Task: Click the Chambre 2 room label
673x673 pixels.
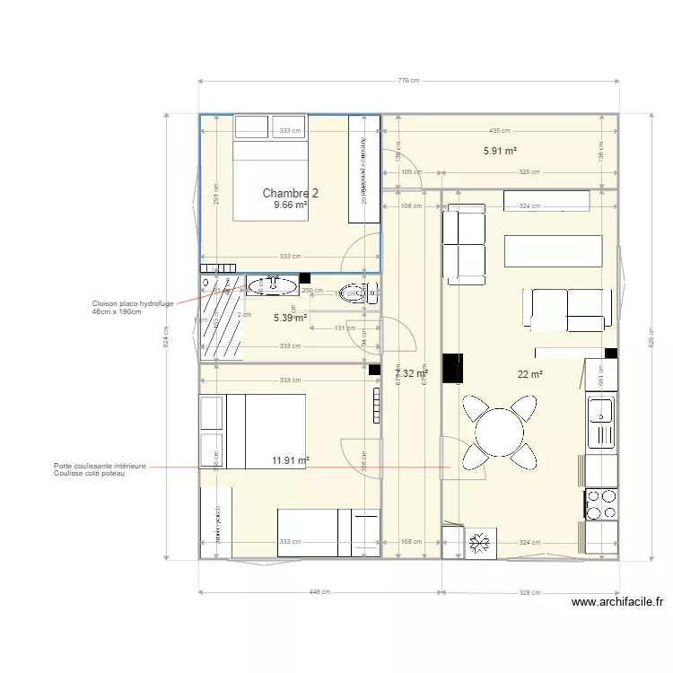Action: tap(290, 193)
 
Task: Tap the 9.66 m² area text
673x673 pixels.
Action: tap(290, 205)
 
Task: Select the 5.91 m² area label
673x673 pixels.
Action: tap(499, 152)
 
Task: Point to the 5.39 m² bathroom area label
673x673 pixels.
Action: tap(290, 318)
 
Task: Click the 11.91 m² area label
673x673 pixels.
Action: tap(290, 461)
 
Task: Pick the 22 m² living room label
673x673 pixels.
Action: tap(529, 374)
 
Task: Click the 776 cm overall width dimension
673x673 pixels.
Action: tap(408, 81)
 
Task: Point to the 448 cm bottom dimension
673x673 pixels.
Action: tap(319, 592)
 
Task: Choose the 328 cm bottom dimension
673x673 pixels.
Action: tap(529, 592)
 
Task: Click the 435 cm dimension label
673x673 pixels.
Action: tap(499, 131)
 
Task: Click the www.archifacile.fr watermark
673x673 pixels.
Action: tap(616, 603)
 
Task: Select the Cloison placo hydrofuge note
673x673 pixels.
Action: tap(132, 307)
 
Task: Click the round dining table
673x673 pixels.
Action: tap(499, 432)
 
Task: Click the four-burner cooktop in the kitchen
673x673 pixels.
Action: tap(600, 504)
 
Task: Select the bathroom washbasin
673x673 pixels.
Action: tap(272, 286)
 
